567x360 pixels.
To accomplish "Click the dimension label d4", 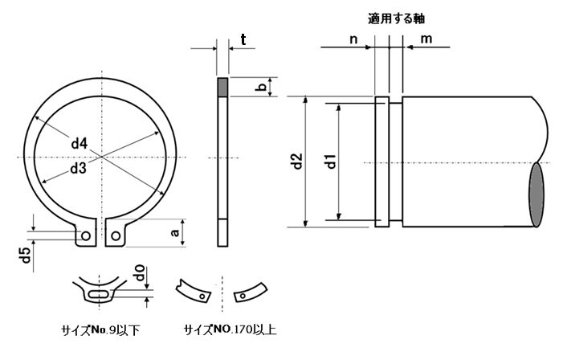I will pos(79,144).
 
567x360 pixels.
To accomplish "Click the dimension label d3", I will pos(78,168).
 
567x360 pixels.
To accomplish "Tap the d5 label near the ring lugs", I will pos(25,257).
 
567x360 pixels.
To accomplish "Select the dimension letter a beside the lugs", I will pos(175,233).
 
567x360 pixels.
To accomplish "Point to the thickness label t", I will pos(243,38).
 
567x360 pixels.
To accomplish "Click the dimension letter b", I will pos(259,87).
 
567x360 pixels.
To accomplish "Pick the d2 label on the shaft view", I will pos(296,161).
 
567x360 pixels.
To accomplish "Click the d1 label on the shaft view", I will pos(329,160).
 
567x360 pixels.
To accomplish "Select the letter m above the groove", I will pos(426,38).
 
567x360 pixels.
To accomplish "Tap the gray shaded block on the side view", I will pos(224,86).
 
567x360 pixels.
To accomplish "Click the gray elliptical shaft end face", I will pos(536,194).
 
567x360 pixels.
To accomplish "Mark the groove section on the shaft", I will pos(381,161).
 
